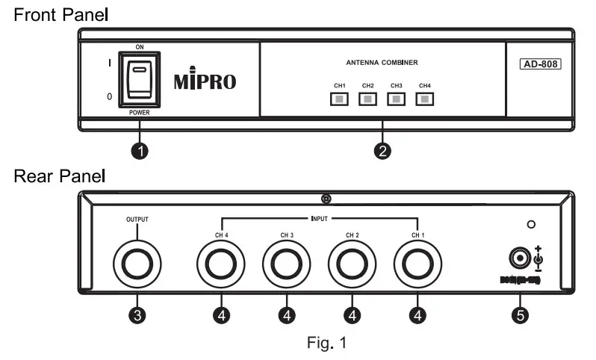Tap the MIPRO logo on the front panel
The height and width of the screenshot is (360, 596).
tap(205, 81)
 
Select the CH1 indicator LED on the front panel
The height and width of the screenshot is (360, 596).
tap(339, 99)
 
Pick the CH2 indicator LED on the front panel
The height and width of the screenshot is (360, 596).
tap(367, 99)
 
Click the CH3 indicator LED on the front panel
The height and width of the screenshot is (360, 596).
tap(396, 99)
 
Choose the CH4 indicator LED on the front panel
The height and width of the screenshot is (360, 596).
tap(424, 99)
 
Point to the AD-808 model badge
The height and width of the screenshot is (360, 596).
tap(540, 64)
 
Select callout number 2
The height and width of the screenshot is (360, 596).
tap(382, 152)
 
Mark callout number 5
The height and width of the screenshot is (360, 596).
tap(524, 314)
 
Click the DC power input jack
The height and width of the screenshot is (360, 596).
tap(517, 258)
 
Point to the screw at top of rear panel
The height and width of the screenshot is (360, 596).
tap(325, 199)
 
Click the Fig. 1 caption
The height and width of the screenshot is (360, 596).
tap(325, 344)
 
